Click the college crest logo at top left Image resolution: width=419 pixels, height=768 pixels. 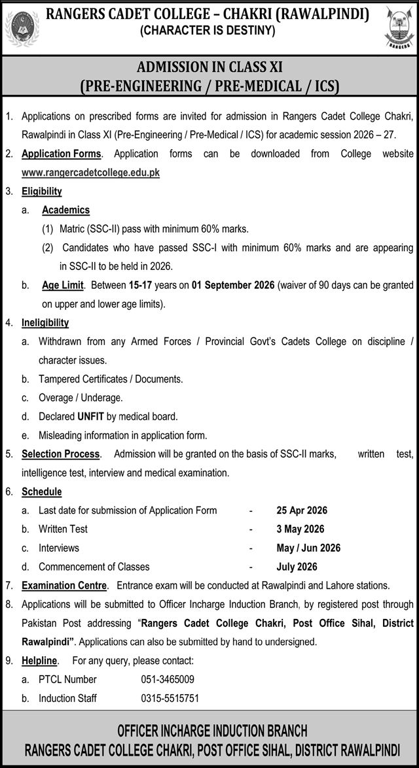coord(22,27)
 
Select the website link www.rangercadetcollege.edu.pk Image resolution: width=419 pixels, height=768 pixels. coord(90,173)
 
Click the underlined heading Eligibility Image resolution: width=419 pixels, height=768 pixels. coord(42,192)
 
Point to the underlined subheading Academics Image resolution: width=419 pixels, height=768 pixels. coord(65,210)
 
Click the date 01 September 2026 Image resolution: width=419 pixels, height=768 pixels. coord(234,285)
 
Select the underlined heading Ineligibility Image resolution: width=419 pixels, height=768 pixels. coord(45,323)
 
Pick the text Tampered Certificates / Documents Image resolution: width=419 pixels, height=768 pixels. coord(111,379)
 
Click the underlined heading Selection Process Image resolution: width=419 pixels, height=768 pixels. coord(61,454)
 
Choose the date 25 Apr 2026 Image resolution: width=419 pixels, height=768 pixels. coord(302,510)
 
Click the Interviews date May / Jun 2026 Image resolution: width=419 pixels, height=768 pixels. coord(308,548)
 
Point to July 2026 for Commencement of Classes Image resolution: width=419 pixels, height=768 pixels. coord(297,567)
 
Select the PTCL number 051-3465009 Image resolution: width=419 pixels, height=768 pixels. coord(168,680)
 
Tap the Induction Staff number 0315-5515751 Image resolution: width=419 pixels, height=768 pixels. coord(170,699)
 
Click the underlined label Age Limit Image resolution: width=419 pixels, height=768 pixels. coord(63,285)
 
